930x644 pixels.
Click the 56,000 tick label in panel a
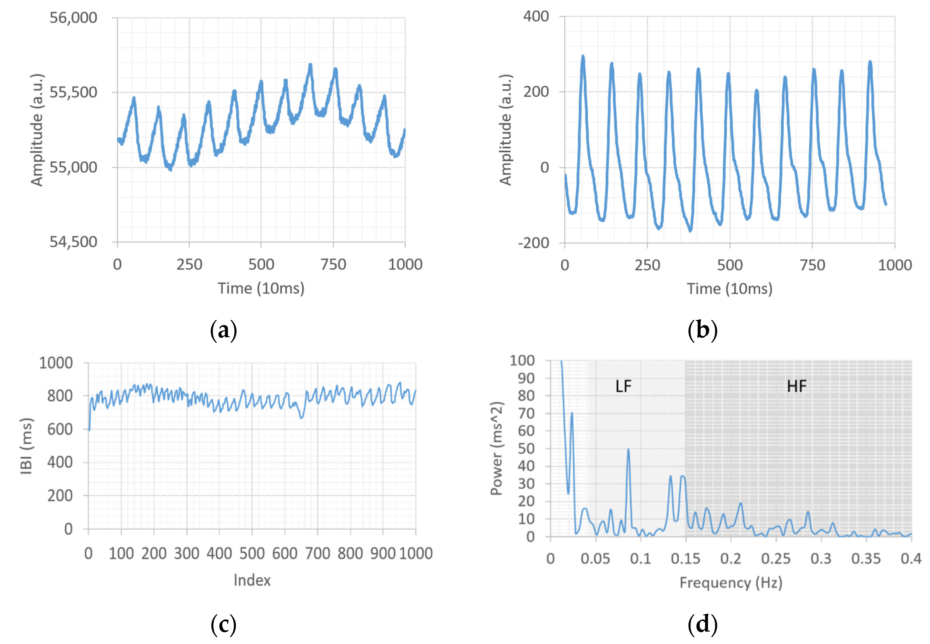[x=73, y=18]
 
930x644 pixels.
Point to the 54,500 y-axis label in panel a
[x=73, y=242]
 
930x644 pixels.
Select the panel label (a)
[x=223, y=330]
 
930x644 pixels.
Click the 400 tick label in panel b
[x=536, y=17]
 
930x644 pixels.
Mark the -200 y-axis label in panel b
[x=534, y=243]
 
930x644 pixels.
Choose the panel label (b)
[x=702, y=330]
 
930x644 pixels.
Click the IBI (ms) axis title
[x=26, y=446]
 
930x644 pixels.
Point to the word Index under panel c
[x=252, y=580]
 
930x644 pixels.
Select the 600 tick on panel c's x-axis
[x=285, y=554]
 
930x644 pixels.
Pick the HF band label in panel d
[x=796, y=387]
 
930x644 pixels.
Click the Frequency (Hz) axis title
[x=730, y=583]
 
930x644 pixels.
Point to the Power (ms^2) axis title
[x=497, y=448]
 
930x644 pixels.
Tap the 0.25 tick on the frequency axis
[x=775, y=559]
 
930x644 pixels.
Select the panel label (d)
[x=702, y=624]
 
